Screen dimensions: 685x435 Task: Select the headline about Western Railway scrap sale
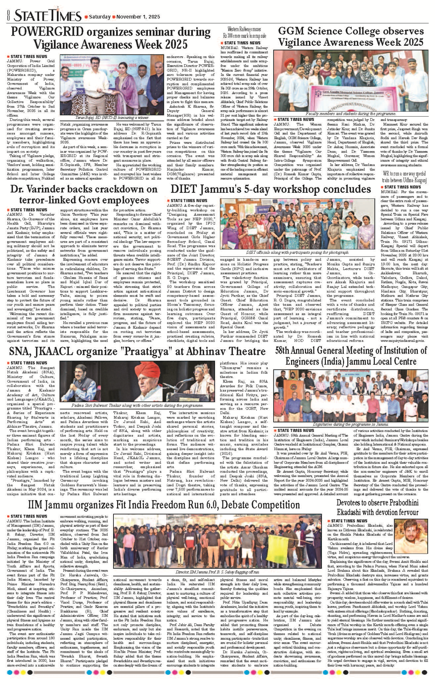point(244,32)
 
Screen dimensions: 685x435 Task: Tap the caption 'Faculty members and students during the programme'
point(351,114)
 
